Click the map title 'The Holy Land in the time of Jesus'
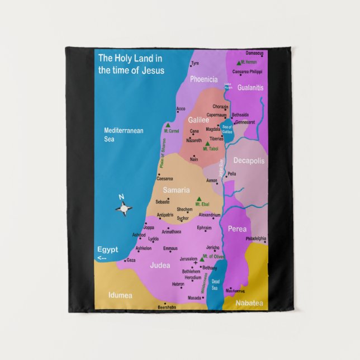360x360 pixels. (x=130, y=64)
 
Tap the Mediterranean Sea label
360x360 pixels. (x=124, y=134)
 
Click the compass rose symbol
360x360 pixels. (x=124, y=209)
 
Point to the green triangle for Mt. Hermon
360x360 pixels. (x=239, y=63)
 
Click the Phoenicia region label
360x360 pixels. (x=203, y=79)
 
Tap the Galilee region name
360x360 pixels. (x=198, y=120)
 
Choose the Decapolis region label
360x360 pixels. (x=249, y=160)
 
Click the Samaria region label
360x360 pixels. (x=176, y=190)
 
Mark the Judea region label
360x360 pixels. (x=160, y=266)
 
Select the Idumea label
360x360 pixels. (x=120, y=294)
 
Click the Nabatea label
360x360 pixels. (x=249, y=303)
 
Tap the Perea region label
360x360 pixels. (x=237, y=229)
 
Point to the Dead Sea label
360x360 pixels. (x=216, y=284)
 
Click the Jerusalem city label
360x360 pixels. (x=188, y=259)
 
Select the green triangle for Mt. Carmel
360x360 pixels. (x=168, y=125)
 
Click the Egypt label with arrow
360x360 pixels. (x=107, y=253)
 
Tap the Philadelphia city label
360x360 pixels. (x=255, y=239)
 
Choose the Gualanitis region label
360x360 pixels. (x=250, y=88)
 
